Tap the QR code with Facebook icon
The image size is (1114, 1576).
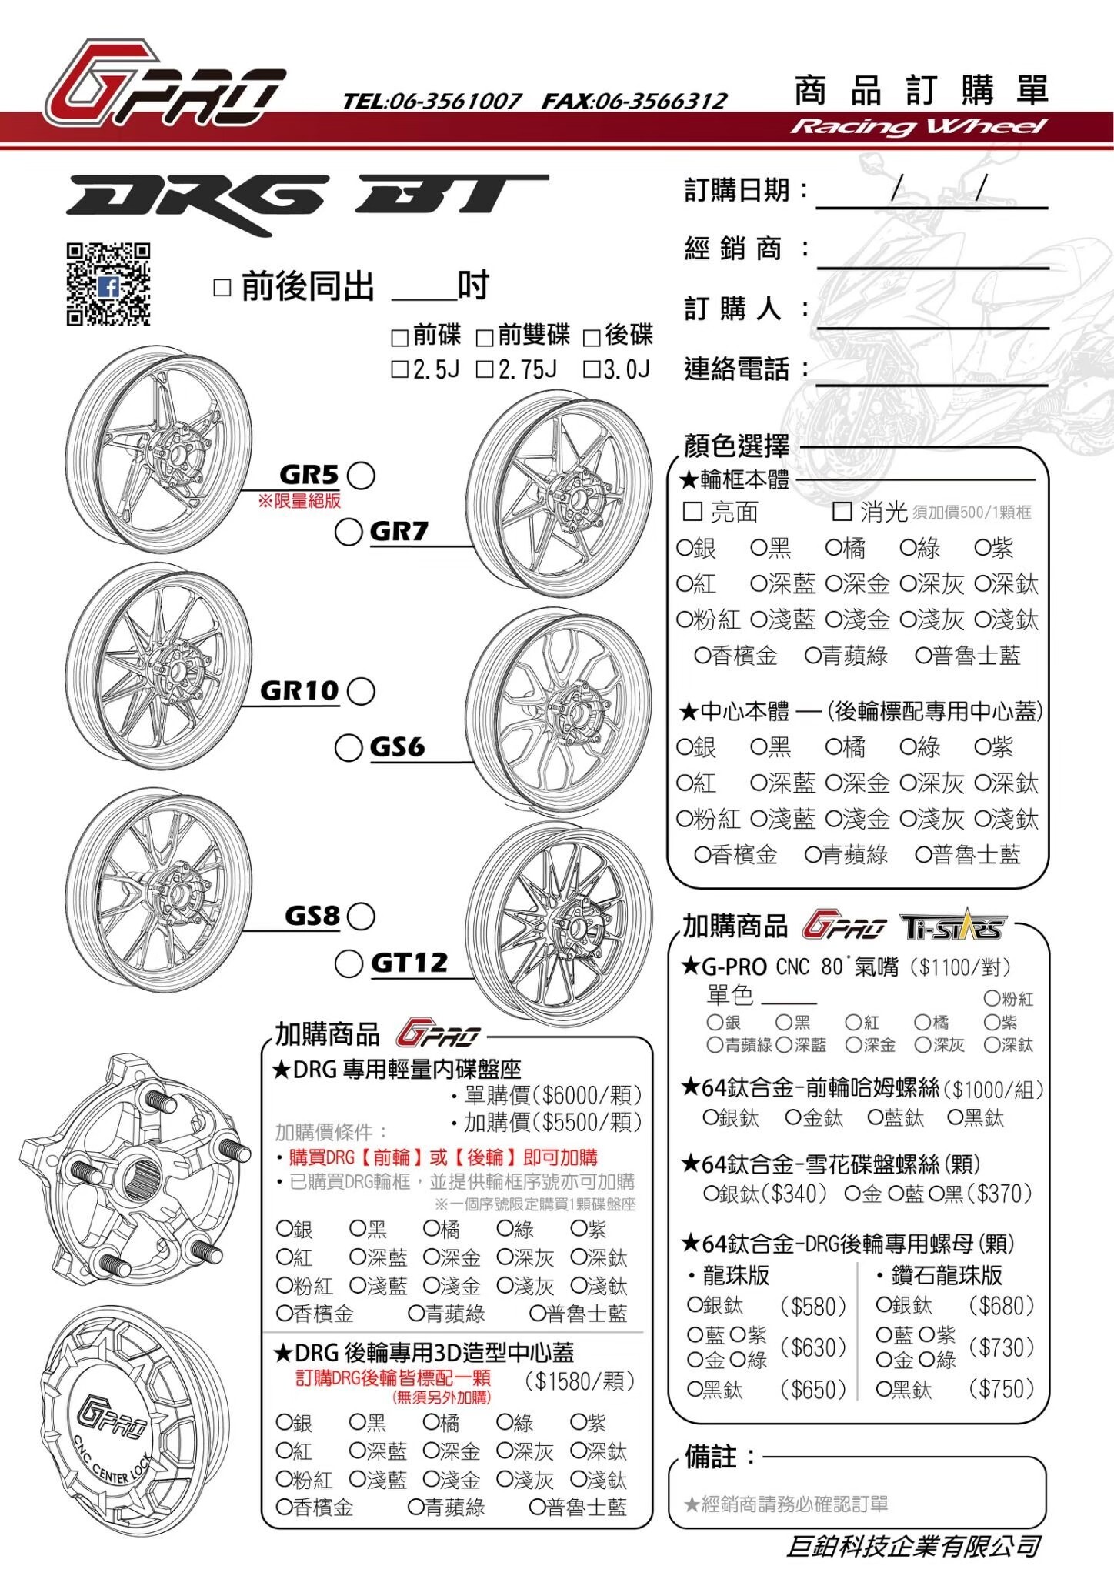[x=108, y=284]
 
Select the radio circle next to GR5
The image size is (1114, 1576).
[x=361, y=475]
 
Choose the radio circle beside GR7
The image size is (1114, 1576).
[x=349, y=532]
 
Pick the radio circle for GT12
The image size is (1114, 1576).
[x=349, y=963]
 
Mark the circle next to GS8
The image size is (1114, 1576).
[x=361, y=916]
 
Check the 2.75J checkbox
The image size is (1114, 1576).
[x=485, y=369]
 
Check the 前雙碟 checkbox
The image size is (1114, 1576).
[x=485, y=337]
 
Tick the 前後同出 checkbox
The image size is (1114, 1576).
[x=222, y=288]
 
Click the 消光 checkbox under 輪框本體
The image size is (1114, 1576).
[x=842, y=511]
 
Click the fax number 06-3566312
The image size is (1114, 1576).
[x=635, y=101]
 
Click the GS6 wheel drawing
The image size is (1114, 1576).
[x=559, y=712]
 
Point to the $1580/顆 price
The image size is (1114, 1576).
[x=580, y=1381]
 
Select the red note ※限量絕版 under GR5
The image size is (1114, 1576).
[x=299, y=501]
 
